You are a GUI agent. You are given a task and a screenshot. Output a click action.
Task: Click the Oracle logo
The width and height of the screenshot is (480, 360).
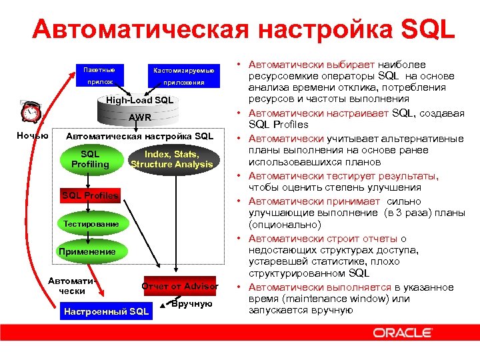(x=402, y=332)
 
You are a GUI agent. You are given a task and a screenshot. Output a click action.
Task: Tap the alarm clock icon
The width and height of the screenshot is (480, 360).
(x=30, y=112)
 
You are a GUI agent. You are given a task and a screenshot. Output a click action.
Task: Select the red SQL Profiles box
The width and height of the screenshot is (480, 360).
(x=90, y=195)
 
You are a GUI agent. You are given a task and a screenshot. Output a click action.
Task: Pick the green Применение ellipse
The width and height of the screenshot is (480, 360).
(x=87, y=252)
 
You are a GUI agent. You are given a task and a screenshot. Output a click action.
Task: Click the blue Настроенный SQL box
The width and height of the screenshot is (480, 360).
(x=106, y=311)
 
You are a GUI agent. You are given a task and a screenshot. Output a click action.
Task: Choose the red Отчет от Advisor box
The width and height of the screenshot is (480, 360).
(x=180, y=287)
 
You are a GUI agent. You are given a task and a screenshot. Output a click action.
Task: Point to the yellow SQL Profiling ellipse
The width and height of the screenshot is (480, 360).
(x=90, y=159)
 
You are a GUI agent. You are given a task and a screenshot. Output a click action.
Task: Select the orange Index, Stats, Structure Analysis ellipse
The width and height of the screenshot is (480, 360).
(x=171, y=159)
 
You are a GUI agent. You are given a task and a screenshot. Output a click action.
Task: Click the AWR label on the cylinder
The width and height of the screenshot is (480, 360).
(x=140, y=118)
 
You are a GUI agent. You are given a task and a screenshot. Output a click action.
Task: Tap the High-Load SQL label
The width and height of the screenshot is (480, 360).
(x=140, y=101)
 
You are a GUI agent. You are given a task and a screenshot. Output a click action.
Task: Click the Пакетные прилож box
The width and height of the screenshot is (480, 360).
(x=99, y=76)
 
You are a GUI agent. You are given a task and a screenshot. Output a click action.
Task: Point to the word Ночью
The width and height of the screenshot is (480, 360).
(x=33, y=136)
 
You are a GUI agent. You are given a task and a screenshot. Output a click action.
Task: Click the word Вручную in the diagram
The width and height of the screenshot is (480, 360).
(x=191, y=304)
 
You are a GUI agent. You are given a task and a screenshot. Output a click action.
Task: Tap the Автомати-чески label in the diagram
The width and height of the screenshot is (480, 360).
(x=72, y=286)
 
